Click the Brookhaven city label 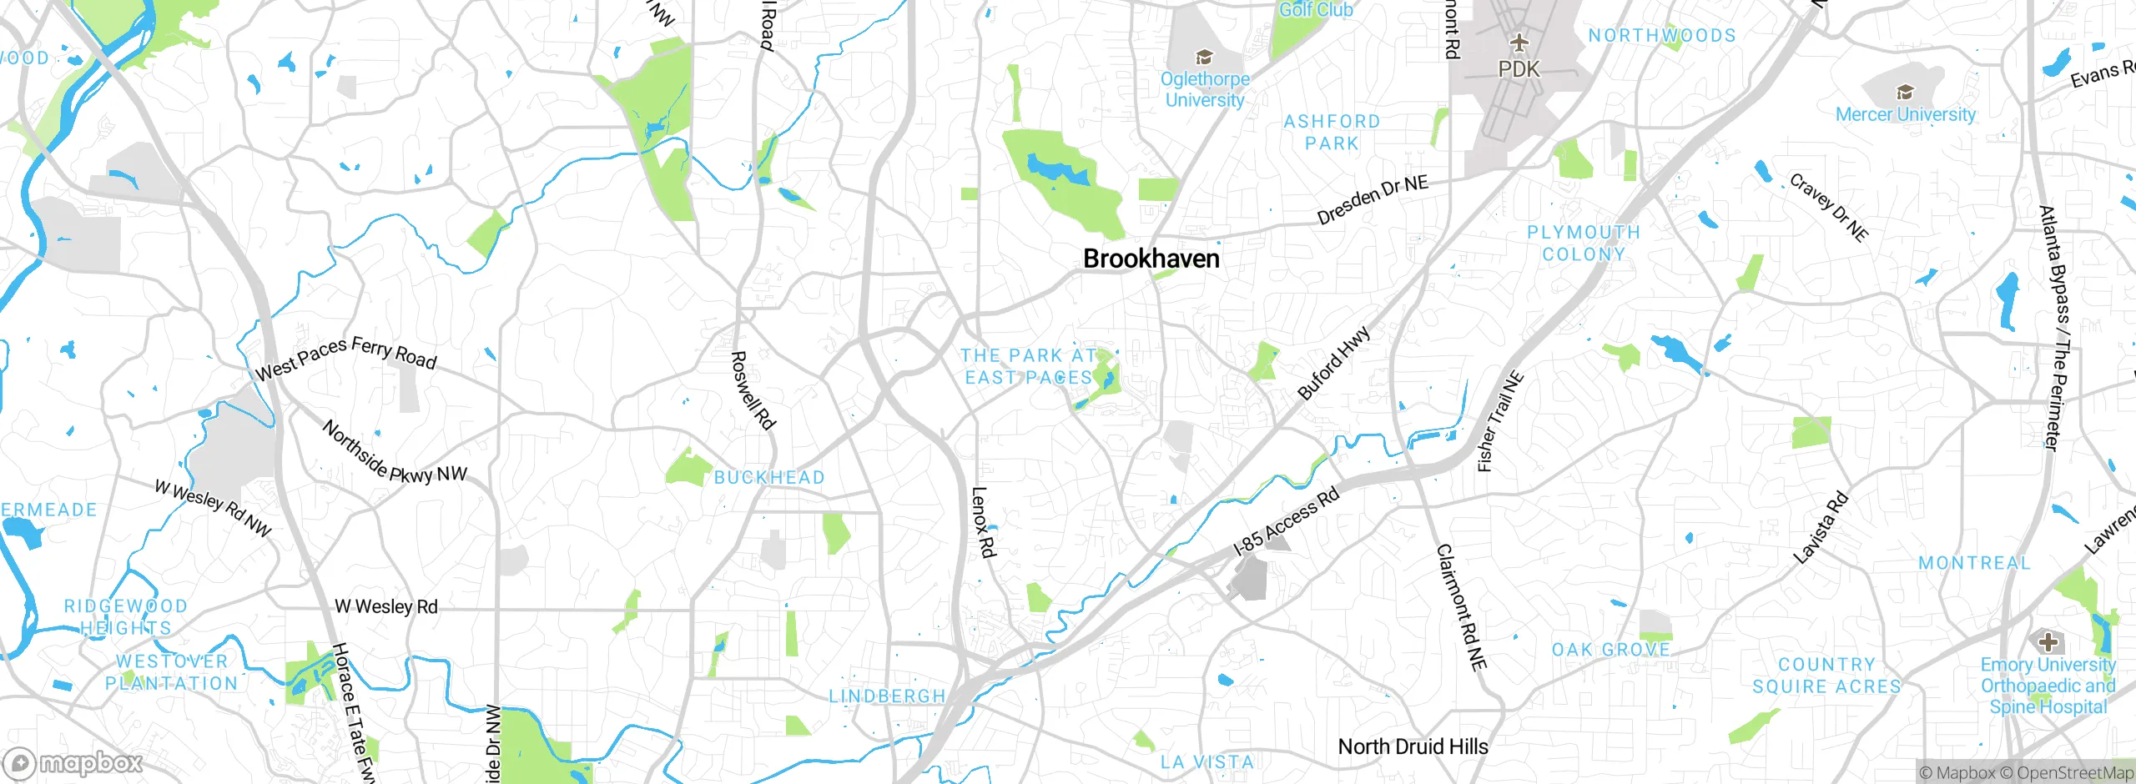click(x=1151, y=259)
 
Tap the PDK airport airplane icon click(x=1519, y=42)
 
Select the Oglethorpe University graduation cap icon click(x=1204, y=57)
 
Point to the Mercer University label click(x=1906, y=114)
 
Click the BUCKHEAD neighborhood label click(x=769, y=477)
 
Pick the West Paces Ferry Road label click(x=345, y=358)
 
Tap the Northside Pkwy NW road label click(x=394, y=453)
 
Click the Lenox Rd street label click(x=984, y=522)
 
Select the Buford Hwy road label click(x=1333, y=363)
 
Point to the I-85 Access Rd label click(x=1287, y=520)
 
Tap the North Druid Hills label click(x=1413, y=746)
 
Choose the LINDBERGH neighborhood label click(x=887, y=696)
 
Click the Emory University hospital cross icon click(x=2048, y=641)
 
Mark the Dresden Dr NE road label click(x=1373, y=199)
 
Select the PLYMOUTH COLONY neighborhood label click(x=1583, y=243)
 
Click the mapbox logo click(x=73, y=762)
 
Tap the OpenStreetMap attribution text click(x=2074, y=773)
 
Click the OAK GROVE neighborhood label click(x=1610, y=649)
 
